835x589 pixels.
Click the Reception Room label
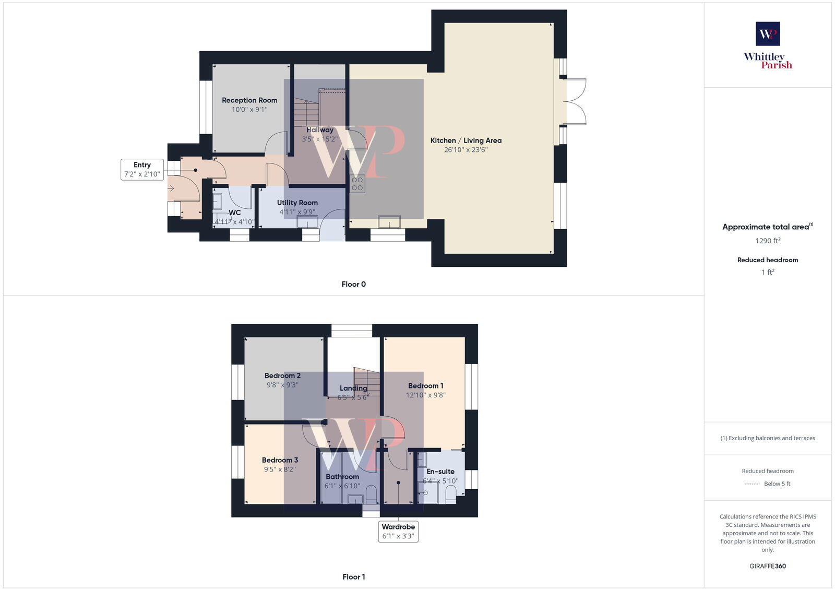point(249,100)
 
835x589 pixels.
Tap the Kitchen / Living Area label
point(466,140)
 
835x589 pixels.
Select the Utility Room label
point(297,203)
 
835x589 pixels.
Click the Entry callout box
point(142,169)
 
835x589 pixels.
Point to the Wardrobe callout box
point(398,531)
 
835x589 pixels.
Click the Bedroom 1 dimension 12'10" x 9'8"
point(425,395)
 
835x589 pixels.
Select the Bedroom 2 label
point(282,375)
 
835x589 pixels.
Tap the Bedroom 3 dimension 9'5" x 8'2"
point(280,469)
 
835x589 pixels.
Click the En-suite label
point(440,471)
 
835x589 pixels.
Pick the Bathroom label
point(342,476)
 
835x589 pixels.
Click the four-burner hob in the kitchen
point(357,184)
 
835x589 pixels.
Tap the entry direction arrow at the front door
point(171,188)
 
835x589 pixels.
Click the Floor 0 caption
point(353,284)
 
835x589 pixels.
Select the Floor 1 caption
point(353,577)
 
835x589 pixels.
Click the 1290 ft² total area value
point(768,241)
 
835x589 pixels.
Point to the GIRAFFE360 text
point(768,566)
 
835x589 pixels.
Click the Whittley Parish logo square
point(768,33)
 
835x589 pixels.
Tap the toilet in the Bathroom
point(372,493)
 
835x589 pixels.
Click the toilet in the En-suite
point(451,493)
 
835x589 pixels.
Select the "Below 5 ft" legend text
point(777,484)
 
